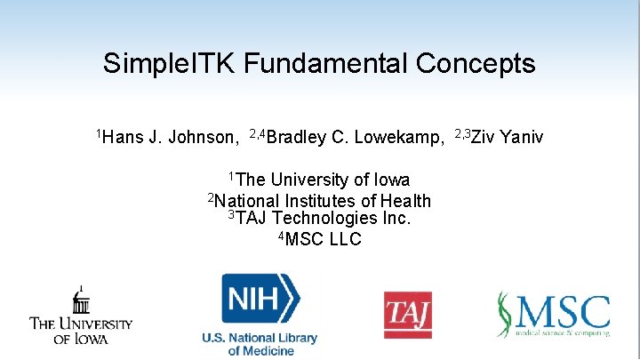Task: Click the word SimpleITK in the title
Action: [x=170, y=64]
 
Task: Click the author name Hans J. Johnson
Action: [x=171, y=137]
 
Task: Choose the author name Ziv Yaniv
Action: [x=507, y=137]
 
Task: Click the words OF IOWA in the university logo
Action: [x=81, y=339]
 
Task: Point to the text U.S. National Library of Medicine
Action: [x=260, y=344]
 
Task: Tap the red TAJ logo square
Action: [x=407, y=315]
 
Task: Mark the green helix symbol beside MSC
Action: [x=504, y=315]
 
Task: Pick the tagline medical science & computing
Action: [x=561, y=333]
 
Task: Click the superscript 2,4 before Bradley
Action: [x=257, y=132]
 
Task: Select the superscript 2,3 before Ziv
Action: [x=462, y=132]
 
